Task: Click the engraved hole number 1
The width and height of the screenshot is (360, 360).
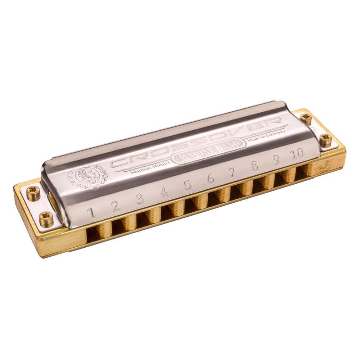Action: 92,213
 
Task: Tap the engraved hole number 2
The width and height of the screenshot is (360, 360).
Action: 116,206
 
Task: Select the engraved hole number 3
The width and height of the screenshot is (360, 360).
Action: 139,199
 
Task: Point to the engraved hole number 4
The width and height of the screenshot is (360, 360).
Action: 164,192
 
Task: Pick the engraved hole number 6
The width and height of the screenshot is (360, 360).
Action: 211,179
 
